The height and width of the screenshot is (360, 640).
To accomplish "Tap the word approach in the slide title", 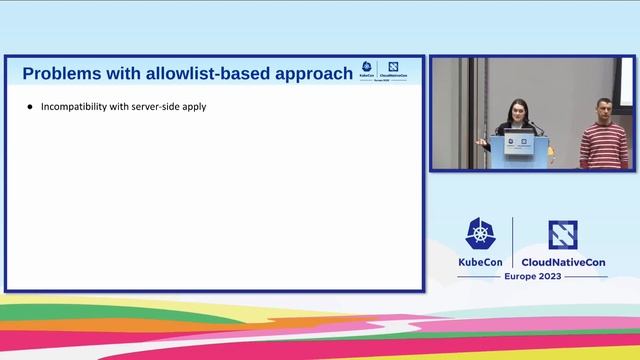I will click(x=312, y=73).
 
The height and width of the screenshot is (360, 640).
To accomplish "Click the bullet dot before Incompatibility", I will click(x=30, y=106).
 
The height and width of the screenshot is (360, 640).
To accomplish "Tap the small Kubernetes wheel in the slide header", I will click(x=367, y=67).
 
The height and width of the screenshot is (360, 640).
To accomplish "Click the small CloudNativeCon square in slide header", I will click(x=394, y=67).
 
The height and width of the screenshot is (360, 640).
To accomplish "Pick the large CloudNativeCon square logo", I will click(x=564, y=234).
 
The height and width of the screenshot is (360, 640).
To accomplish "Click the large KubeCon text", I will click(x=480, y=262).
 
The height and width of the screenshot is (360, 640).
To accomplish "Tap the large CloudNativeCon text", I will click(x=565, y=262).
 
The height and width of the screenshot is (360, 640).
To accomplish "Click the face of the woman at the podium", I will click(x=517, y=109).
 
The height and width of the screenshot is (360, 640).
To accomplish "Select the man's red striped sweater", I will click(x=604, y=145).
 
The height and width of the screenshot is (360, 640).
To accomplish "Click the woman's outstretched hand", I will click(x=482, y=143).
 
